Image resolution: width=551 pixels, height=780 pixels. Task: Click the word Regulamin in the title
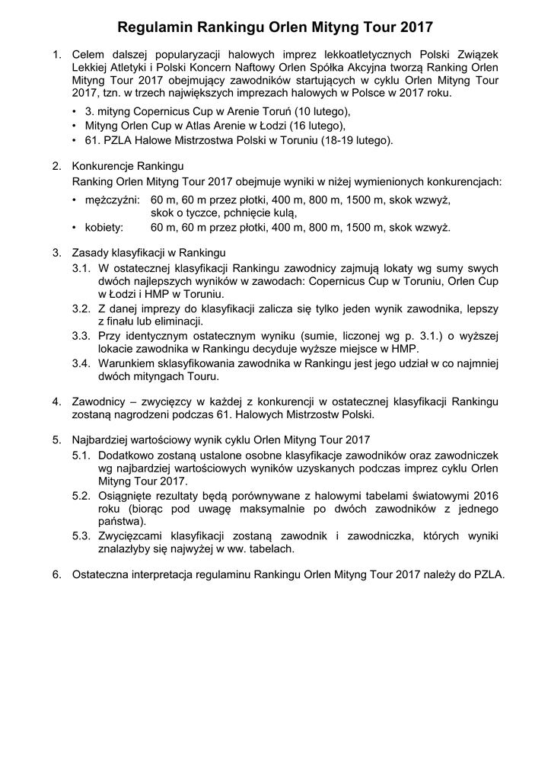pyautogui.click(x=155, y=28)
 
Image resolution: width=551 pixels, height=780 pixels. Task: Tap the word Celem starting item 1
pyautogui.click(x=88, y=54)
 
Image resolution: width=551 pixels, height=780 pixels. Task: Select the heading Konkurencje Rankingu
pyautogui.click(x=127, y=166)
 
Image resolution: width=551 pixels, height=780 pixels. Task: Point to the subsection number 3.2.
pyautogui.click(x=82, y=308)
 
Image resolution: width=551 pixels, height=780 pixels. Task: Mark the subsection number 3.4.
pyautogui.click(x=82, y=363)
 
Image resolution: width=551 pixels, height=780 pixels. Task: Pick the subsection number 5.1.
pyautogui.click(x=82, y=454)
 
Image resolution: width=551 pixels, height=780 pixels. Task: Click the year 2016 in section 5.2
pyautogui.click(x=484, y=495)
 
